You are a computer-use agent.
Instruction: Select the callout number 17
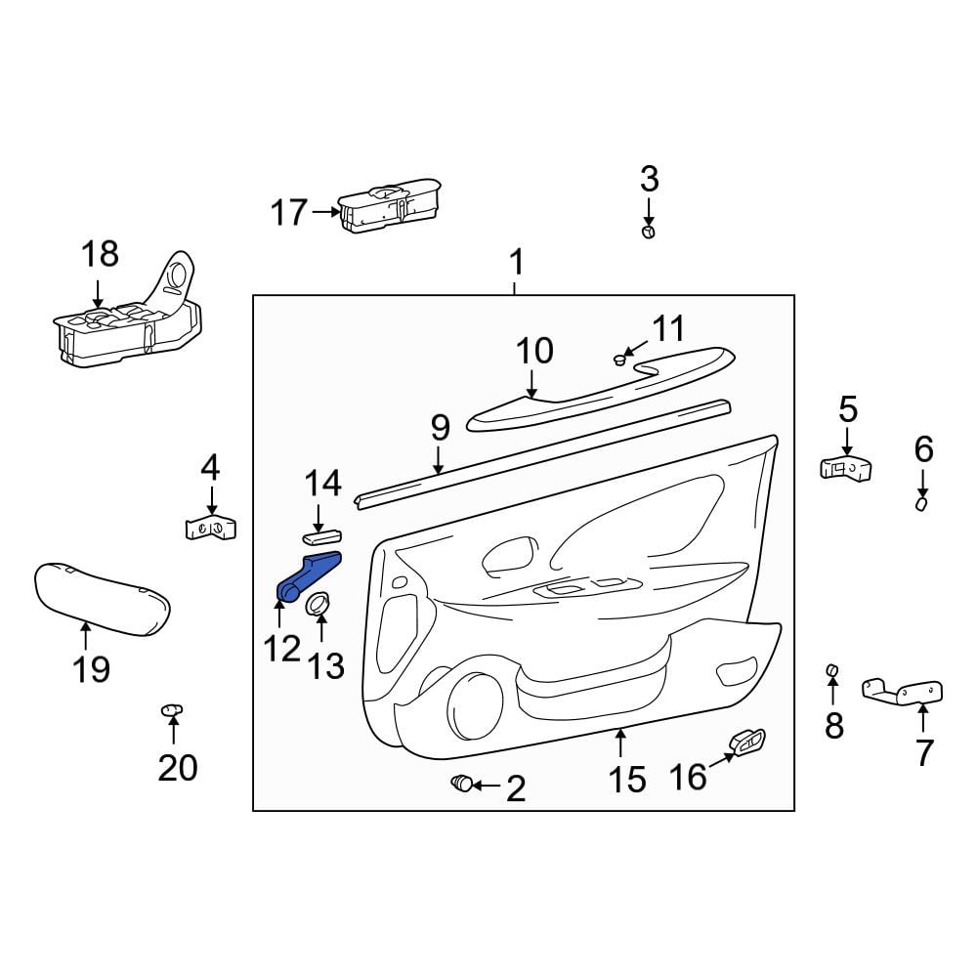(288, 212)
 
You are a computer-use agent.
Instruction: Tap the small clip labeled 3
(649, 233)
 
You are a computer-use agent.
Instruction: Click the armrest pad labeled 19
(103, 599)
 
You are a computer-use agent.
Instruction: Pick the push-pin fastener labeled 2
(462, 783)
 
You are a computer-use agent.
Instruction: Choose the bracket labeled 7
(902, 691)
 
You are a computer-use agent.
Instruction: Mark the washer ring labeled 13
(318, 604)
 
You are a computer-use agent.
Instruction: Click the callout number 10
(534, 352)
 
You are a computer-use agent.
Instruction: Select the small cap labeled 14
(321, 536)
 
